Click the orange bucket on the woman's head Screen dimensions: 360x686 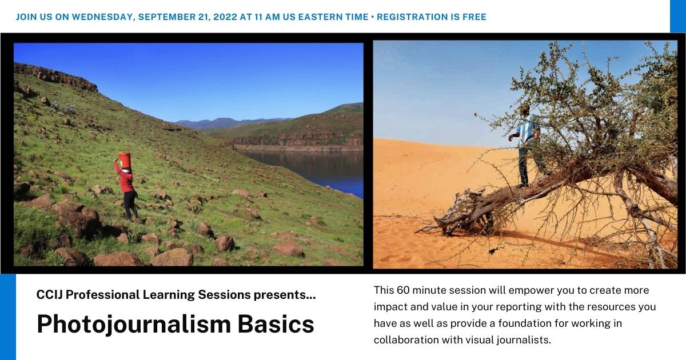click(x=124, y=159)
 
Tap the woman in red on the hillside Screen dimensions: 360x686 click(x=127, y=186)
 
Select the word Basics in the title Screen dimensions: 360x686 click(x=278, y=324)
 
